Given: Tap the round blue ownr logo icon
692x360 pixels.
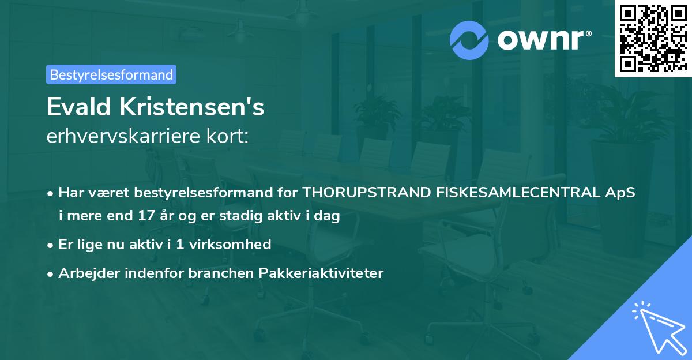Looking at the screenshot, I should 469,40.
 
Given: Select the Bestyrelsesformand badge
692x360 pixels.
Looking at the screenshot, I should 111,74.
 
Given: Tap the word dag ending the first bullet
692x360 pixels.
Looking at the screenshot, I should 328,216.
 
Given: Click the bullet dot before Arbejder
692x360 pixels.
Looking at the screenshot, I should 51,273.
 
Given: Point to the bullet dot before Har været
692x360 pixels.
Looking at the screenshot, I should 51,193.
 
